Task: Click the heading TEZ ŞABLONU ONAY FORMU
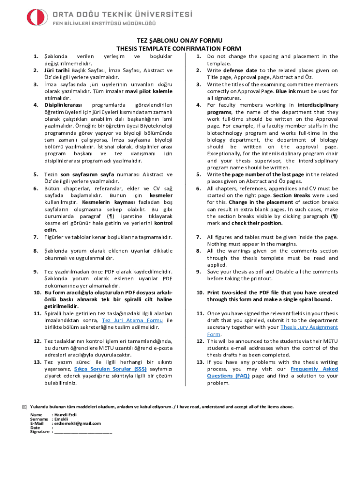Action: (179, 41)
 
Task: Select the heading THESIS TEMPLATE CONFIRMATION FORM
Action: (179, 49)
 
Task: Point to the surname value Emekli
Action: (61, 419)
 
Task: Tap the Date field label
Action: (35, 428)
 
